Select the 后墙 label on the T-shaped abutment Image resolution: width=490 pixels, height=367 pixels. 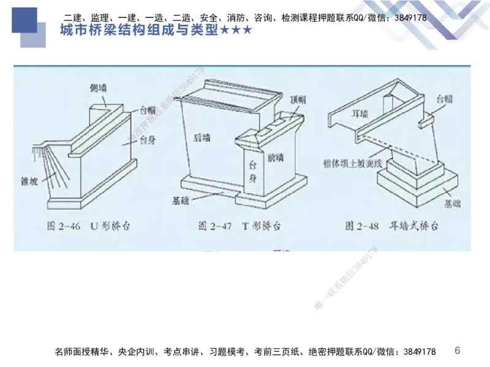point(201,138)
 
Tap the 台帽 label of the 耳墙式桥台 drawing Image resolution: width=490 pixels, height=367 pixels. point(444,98)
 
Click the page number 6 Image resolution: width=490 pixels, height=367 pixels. point(457,350)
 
